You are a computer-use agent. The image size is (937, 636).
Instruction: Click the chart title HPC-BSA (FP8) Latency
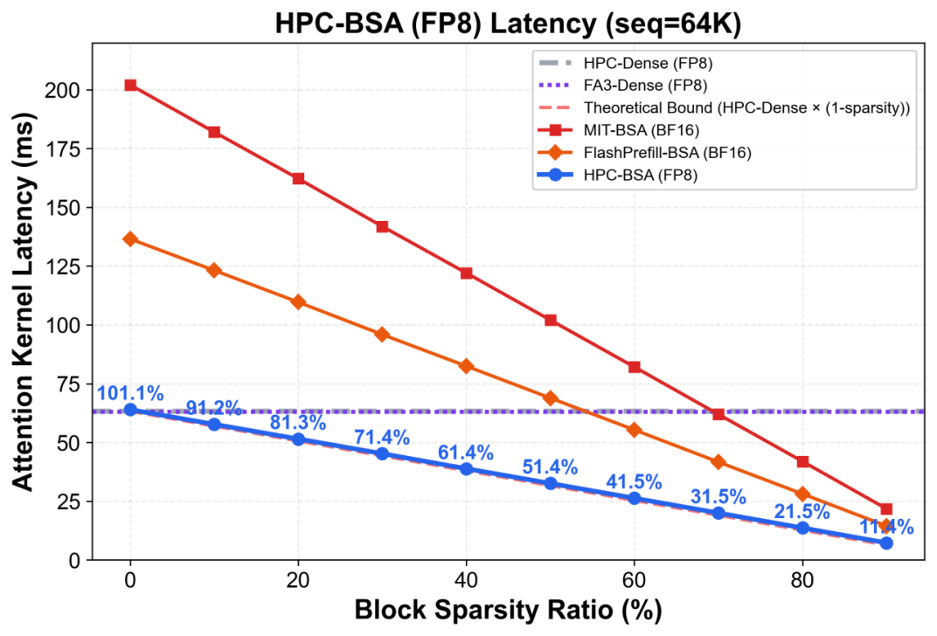[508, 24]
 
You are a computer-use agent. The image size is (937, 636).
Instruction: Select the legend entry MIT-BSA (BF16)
[642, 130]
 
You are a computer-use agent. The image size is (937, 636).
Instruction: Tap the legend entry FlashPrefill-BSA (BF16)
[667, 153]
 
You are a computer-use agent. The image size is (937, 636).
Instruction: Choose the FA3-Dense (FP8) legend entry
[645, 86]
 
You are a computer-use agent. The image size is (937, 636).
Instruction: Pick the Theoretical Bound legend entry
[746, 108]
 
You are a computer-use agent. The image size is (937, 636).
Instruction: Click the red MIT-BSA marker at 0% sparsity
[130, 86]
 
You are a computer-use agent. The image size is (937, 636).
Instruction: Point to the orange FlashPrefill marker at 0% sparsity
[130, 239]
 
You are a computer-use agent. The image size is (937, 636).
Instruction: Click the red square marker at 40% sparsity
[466, 273]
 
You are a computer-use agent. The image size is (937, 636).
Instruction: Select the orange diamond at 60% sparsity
[634, 430]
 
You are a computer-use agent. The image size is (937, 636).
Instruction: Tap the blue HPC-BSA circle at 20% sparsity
[298, 439]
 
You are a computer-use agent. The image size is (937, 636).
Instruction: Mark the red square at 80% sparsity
[802, 461]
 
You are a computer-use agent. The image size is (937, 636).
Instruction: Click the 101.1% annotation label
[130, 393]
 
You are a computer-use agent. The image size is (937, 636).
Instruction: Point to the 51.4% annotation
[550, 467]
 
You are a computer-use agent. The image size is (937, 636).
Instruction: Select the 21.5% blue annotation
[802, 512]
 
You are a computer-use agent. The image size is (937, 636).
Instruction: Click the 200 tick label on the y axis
[62, 90]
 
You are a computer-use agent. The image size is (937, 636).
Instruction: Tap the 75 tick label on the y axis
[68, 384]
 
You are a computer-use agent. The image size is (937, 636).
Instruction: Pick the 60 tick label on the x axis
[634, 580]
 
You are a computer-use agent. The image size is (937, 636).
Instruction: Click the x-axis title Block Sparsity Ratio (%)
[508, 611]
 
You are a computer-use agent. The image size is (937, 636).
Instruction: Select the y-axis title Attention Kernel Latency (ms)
[24, 301]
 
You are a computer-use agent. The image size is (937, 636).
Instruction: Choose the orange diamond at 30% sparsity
[383, 335]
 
